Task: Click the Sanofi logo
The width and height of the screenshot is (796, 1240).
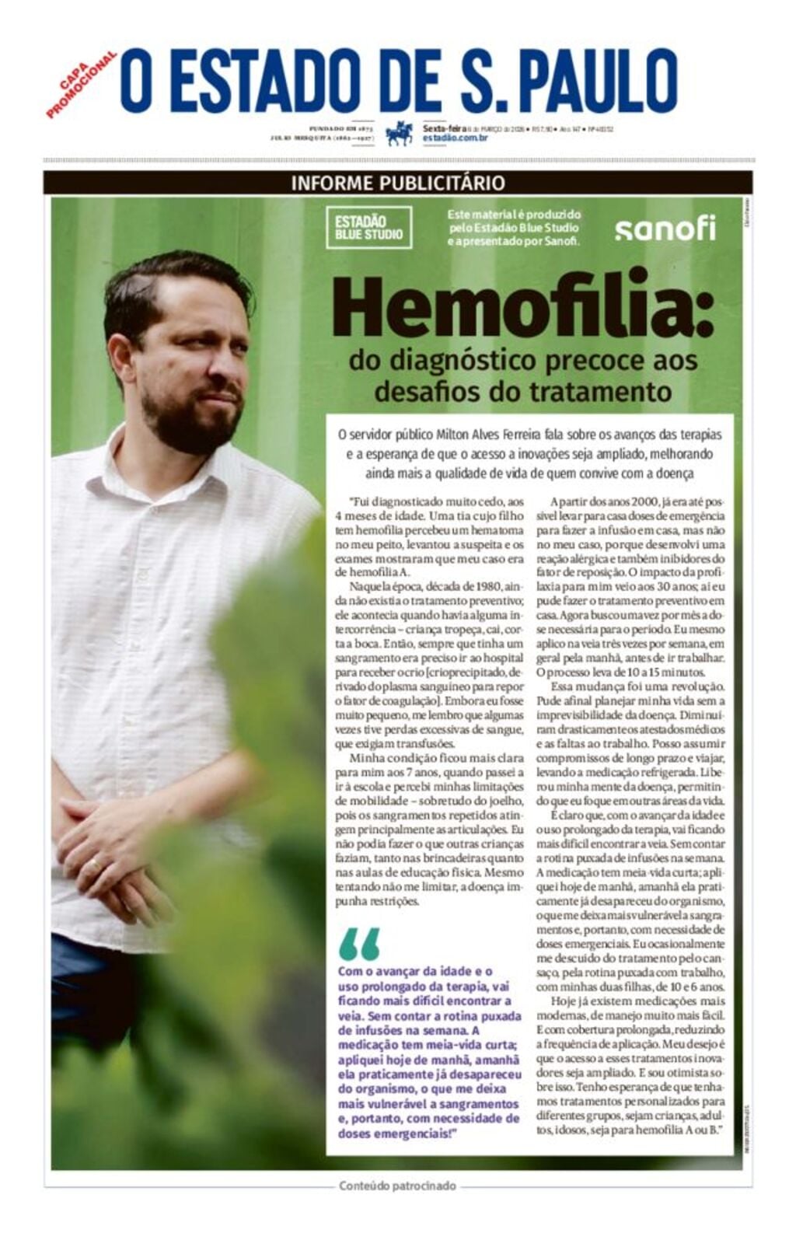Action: [x=665, y=229]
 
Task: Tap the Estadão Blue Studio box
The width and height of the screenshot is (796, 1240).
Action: [x=368, y=228]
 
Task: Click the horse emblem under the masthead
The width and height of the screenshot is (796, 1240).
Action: [x=400, y=134]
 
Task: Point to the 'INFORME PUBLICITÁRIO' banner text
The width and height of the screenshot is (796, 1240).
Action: [x=398, y=183]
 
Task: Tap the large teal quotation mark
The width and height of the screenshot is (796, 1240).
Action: [x=359, y=944]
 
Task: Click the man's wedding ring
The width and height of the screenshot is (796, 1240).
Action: [x=94, y=865]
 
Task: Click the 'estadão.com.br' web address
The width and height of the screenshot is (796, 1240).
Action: [x=455, y=138]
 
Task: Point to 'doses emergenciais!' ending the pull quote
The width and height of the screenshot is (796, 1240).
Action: [x=397, y=1133]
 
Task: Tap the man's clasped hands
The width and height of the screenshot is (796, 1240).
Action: [x=101, y=840]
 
